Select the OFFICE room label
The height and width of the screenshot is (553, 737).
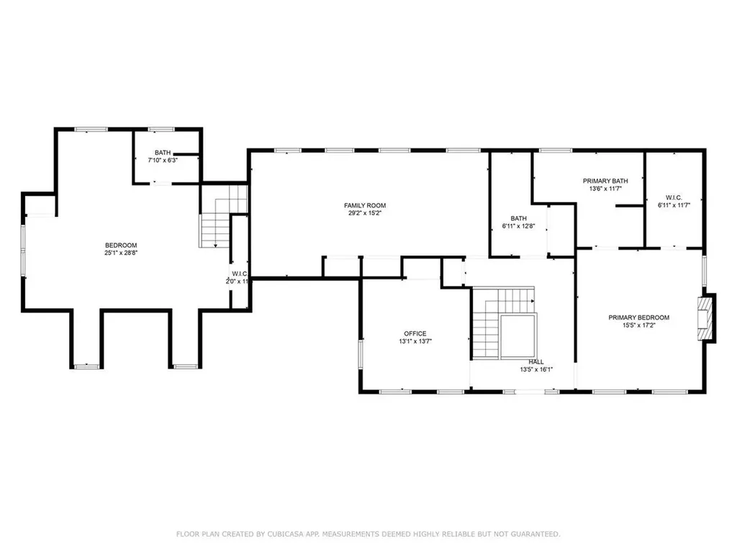(x=415, y=333)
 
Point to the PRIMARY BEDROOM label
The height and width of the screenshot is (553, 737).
(x=638, y=318)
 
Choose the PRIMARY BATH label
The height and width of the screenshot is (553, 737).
(x=605, y=181)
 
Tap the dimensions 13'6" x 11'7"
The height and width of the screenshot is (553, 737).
(x=605, y=189)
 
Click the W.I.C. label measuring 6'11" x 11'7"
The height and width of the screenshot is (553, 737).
(x=674, y=197)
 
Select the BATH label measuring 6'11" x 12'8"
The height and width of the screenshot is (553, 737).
(x=518, y=218)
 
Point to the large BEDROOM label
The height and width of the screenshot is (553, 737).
(x=120, y=245)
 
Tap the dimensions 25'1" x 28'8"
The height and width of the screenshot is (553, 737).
(x=120, y=253)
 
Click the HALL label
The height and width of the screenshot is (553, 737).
(x=536, y=361)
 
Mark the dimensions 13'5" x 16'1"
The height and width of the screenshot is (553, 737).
(x=536, y=369)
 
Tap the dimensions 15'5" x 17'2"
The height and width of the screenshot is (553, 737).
(x=638, y=325)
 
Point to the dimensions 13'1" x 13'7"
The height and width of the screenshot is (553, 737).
(x=415, y=341)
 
